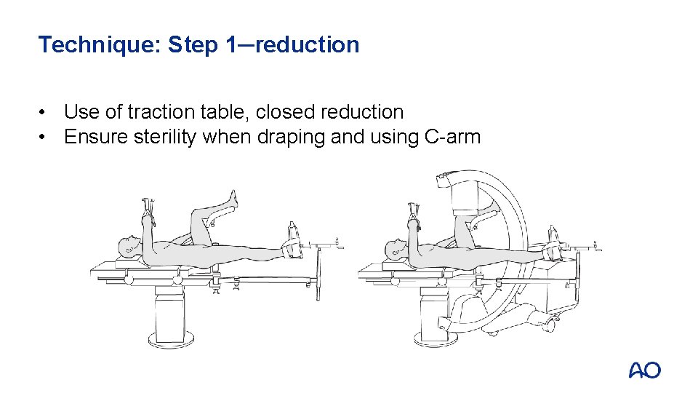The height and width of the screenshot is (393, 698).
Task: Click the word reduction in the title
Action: tap(307, 44)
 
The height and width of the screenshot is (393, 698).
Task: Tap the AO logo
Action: tap(645, 370)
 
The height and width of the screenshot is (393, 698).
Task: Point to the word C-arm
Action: tap(452, 137)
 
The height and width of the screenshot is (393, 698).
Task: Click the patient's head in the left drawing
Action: tap(129, 246)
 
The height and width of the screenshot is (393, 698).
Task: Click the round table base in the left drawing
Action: tap(171, 340)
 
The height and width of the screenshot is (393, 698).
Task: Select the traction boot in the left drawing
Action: tap(292, 248)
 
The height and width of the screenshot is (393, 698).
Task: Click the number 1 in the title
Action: tap(233, 44)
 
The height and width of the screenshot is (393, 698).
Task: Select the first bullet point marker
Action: tap(42, 112)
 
